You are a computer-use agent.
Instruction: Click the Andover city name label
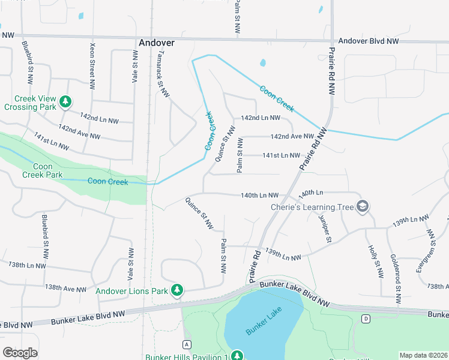[x=156, y=43]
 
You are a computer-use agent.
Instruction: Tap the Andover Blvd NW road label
[x=369, y=41]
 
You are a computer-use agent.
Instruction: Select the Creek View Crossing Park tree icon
[x=65, y=103]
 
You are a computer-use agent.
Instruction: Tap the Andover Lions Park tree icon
[x=176, y=291]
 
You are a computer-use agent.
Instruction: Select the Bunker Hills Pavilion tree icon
[x=237, y=355]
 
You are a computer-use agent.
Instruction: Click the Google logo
[x=20, y=353]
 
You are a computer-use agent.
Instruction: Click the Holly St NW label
[x=375, y=260]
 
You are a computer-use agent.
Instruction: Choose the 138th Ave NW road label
[x=65, y=289]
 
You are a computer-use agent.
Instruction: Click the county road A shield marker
[x=187, y=344]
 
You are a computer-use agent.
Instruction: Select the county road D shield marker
[x=366, y=319]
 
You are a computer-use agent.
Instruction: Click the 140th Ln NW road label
[x=260, y=195]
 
